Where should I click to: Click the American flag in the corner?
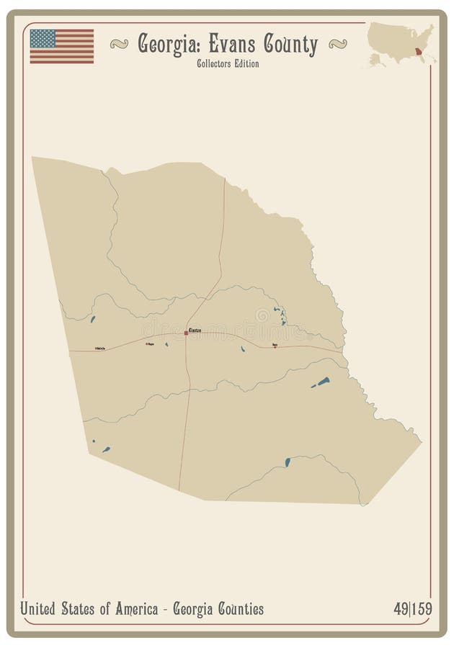tap(62, 46)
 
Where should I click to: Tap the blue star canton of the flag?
tap(43, 38)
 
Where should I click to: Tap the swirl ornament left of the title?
tap(120, 45)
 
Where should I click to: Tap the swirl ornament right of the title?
tap(337, 45)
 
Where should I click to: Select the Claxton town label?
tap(195, 330)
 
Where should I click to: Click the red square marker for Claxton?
tap(186, 333)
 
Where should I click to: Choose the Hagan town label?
tap(151, 343)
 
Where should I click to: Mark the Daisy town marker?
tap(275, 346)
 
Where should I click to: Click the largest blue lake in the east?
tap(321, 382)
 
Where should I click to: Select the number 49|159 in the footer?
tap(412, 609)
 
